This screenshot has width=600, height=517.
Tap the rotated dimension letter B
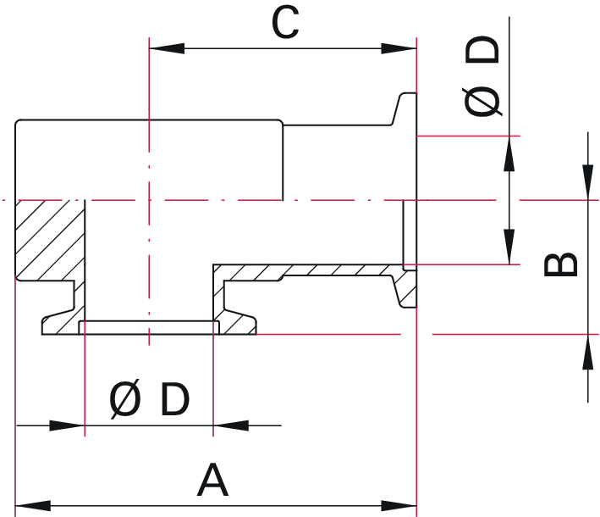pos(560,264)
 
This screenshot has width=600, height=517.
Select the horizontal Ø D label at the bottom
pos(149,399)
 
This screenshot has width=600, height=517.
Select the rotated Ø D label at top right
pos(483,78)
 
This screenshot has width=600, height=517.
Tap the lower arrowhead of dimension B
pos(587,351)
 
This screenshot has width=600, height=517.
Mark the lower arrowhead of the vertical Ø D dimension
pos(509,246)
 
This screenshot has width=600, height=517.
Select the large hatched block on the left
pos(49,239)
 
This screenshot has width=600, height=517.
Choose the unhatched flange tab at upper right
pos(405,110)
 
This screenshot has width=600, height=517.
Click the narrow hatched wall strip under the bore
pos(305,271)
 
